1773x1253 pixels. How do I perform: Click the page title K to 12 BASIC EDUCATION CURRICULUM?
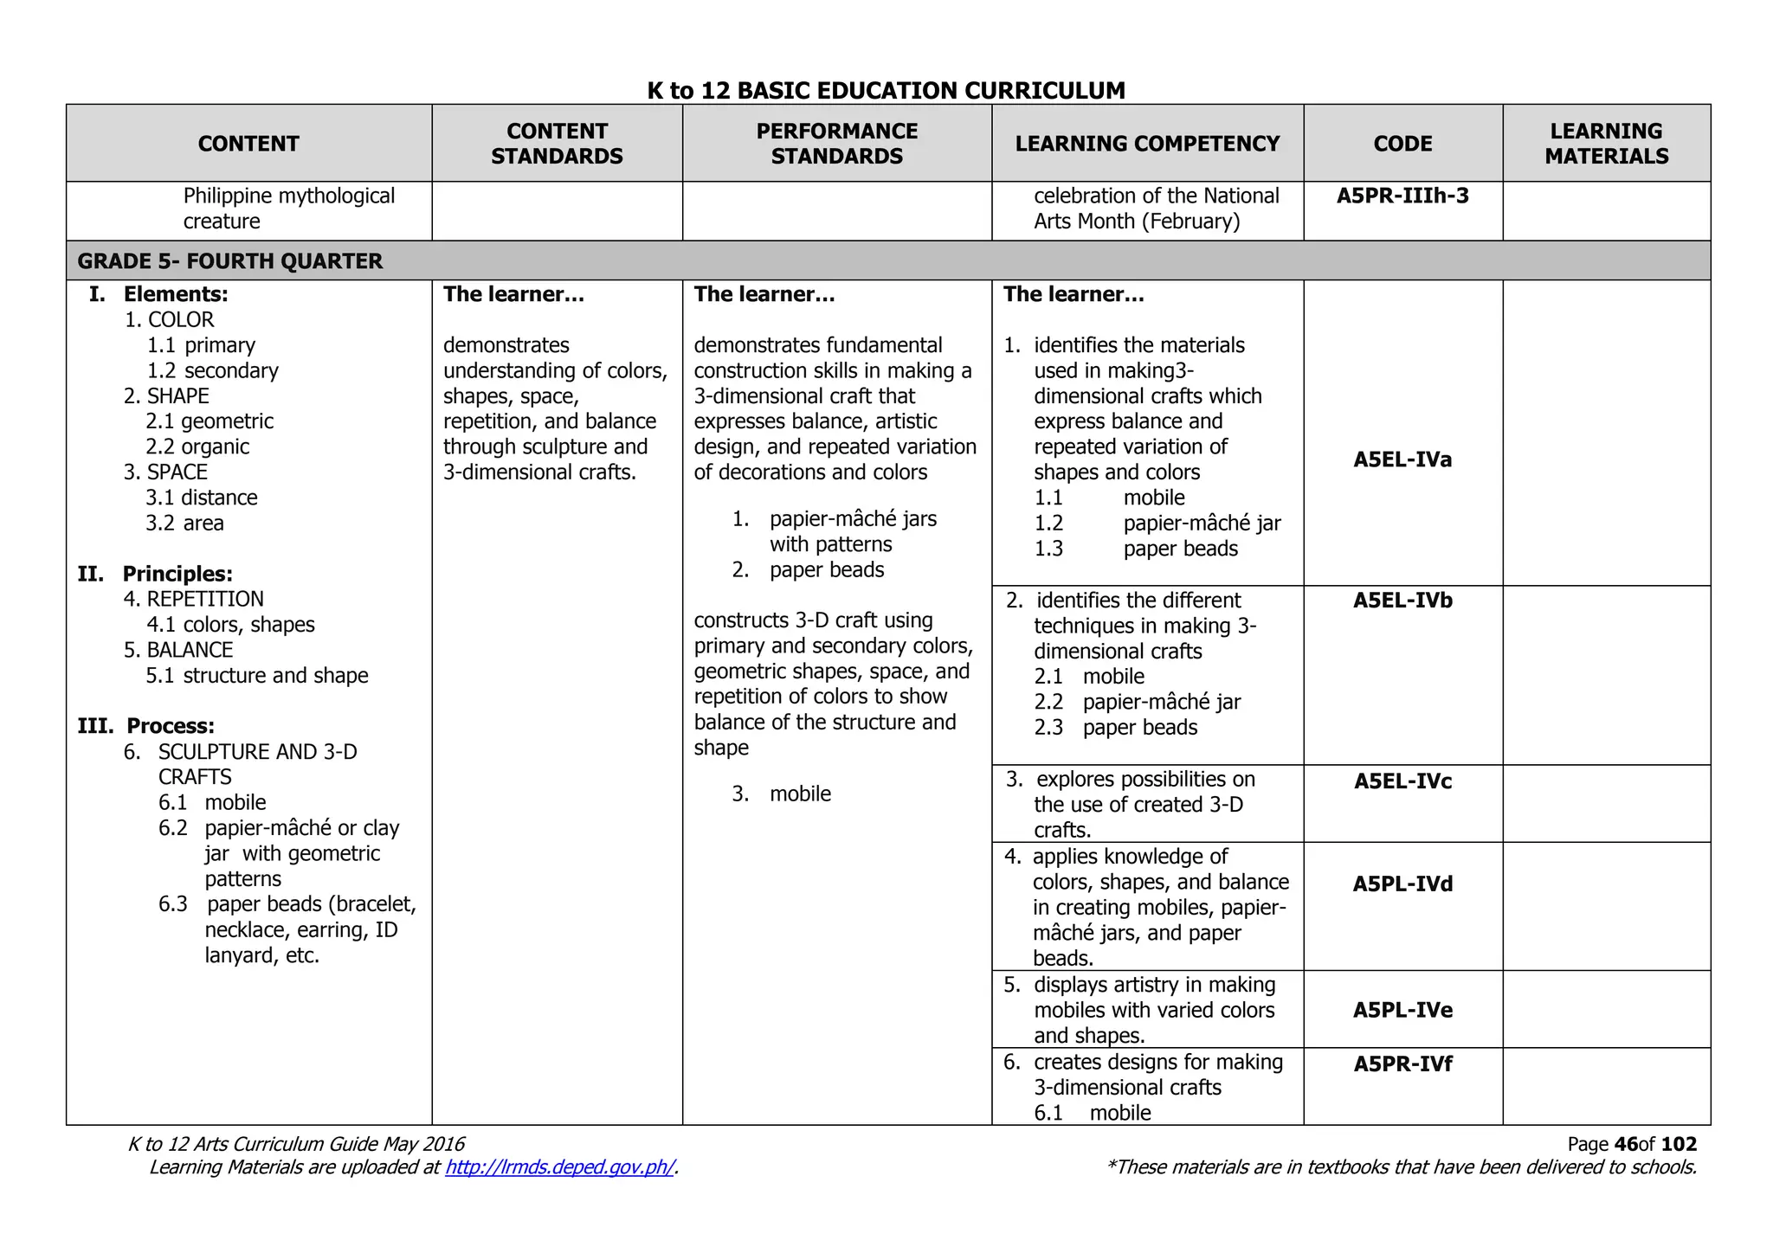(886, 90)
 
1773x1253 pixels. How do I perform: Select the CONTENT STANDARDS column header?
(557, 144)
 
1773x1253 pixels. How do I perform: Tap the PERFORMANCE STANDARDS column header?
(836, 144)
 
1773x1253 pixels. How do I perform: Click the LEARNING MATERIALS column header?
(1606, 144)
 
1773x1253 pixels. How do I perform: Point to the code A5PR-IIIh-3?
(1402, 196)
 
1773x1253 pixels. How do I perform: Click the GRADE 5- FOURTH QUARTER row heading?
(230, 261)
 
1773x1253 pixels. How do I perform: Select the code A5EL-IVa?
(1402, 459)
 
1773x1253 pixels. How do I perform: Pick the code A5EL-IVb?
(1402, 601)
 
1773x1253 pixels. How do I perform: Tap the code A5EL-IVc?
(1402, 781)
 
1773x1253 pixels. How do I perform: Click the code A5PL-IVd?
(1402, 884)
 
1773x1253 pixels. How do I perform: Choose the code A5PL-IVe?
(1402, 1011)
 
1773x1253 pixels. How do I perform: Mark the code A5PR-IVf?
(1402, 1064)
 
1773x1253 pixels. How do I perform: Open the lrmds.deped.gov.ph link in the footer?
(559, 1167)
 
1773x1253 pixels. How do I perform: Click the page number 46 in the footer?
(1626, 1145)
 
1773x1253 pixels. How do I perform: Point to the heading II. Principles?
(156, 574)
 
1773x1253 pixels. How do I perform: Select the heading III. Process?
(147, 726)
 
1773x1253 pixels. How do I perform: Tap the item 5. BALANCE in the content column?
(179, 650)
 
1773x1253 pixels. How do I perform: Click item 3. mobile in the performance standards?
(782, 794)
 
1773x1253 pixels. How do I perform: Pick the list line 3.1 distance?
(202, 498)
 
